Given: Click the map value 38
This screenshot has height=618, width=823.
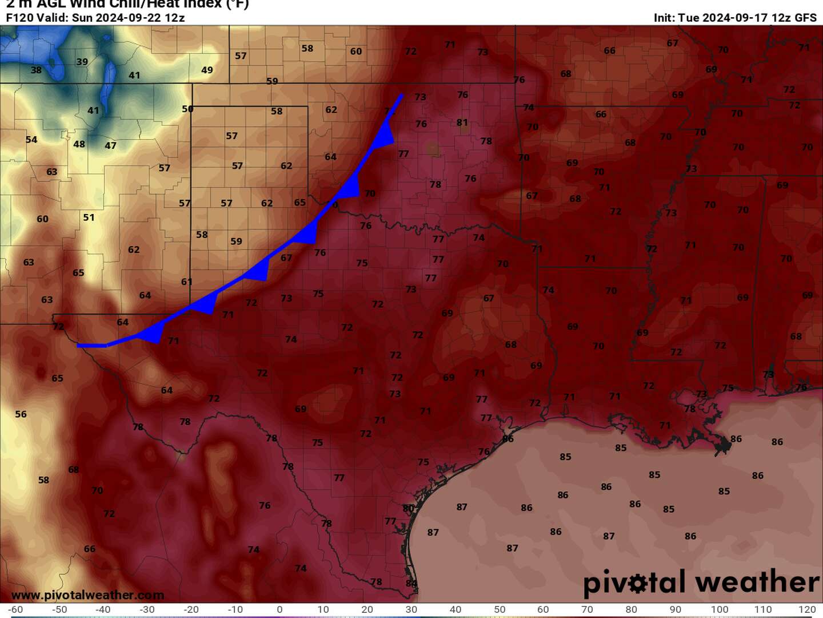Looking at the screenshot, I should pos(36,70).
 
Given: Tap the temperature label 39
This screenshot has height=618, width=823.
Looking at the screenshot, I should pos(82,62).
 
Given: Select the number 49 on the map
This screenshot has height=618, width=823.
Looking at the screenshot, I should pos(207,70).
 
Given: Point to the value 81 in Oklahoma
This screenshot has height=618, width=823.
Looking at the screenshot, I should pos(462,122).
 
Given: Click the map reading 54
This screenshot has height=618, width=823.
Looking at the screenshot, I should pos(31,140).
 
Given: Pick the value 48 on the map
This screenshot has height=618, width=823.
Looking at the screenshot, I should pos(79,144).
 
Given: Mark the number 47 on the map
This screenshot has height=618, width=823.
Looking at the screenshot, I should pos(110,146).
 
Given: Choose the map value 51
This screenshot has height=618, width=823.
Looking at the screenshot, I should pos(89,217).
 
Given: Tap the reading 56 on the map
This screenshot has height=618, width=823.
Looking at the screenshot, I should pos(21,414).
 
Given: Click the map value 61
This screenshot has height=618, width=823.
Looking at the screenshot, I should pos(187,282).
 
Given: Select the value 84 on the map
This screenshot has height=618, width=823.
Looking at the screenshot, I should pos(411,583).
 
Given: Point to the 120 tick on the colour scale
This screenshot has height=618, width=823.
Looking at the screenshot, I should pos(807,609).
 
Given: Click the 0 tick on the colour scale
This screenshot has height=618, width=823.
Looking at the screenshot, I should pos(279,609).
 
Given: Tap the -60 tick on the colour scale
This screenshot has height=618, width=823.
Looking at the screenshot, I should pos(15,609).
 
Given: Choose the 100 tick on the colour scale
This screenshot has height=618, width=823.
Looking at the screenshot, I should pos(720,609).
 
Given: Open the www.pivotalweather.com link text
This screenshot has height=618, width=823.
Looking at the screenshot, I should pos(88,595).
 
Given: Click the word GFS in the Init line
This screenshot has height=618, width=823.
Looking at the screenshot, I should pos(806,18).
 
